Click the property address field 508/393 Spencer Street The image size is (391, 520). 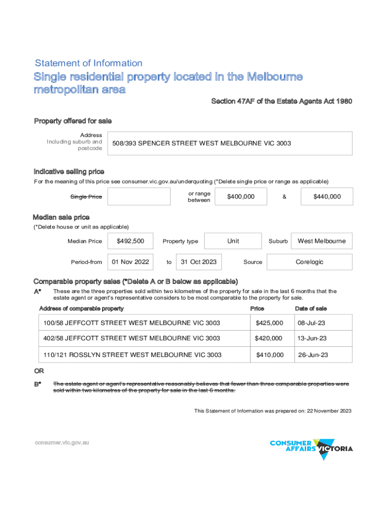coord(231,143)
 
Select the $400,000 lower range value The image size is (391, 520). coord(241,197)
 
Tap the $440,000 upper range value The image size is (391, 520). coord(327,197)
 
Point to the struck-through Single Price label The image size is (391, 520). coord(86,197)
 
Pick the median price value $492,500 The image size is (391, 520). coord(131,241)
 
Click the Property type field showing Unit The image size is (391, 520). coord(233,241)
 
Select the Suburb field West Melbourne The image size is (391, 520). coord(321,241)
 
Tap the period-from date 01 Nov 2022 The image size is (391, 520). coord(131,262)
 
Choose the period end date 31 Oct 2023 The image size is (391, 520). coord(199,262)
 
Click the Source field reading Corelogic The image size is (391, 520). coord(309,262)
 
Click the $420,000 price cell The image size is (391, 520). coord(269,338)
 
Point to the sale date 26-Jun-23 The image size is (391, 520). coord(313,354)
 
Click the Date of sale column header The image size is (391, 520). coord(311,309)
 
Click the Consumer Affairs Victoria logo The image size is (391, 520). coord(311,448)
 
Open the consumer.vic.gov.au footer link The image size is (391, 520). coord(62,442)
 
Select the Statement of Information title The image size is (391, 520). coord(89,63)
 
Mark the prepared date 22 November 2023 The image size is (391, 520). coord(329,411)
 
